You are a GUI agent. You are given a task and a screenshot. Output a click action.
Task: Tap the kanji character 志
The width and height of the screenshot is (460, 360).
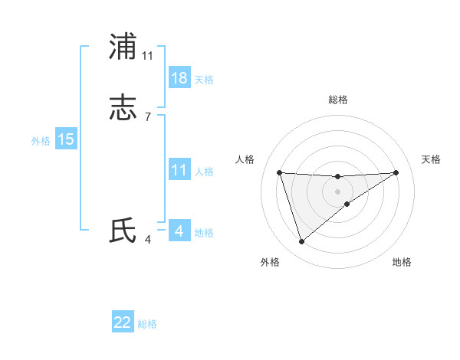point(123,108)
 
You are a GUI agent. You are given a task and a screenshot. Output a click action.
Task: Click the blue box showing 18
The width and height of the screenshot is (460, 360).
point(179,78)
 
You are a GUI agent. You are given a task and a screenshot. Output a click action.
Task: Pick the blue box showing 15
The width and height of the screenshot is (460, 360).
point(66,139)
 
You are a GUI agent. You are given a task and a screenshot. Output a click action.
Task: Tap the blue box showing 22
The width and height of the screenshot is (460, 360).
point(123,322)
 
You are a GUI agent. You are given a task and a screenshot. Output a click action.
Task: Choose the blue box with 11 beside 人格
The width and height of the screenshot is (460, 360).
point(179,170)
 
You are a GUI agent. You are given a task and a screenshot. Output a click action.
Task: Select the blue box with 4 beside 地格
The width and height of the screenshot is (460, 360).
point(179,231)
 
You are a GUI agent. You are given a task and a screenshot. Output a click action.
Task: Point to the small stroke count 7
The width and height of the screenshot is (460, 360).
point(148,116)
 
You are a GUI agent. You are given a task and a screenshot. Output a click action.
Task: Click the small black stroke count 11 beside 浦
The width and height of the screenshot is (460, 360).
point(148,55)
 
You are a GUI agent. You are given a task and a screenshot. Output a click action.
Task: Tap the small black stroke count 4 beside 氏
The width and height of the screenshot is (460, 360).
point(148,239)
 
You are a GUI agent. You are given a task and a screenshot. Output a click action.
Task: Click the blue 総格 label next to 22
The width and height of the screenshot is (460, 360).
point(147,324)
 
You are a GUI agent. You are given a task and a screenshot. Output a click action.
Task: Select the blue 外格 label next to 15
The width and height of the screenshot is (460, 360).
point(41,141)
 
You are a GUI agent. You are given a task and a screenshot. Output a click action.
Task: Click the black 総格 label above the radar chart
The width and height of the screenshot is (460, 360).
point(338,100)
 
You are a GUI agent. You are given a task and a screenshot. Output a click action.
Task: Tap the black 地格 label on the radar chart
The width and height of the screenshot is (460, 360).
point(402,262)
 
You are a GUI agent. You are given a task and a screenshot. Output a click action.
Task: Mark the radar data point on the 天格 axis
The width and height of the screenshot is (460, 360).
point(396,172)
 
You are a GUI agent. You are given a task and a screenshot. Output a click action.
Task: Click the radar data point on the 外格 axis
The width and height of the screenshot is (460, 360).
point(301,242)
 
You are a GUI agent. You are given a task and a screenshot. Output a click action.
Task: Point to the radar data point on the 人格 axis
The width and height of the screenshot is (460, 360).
point(279,172)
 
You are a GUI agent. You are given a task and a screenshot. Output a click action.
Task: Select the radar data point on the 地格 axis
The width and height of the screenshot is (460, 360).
point(347,204)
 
